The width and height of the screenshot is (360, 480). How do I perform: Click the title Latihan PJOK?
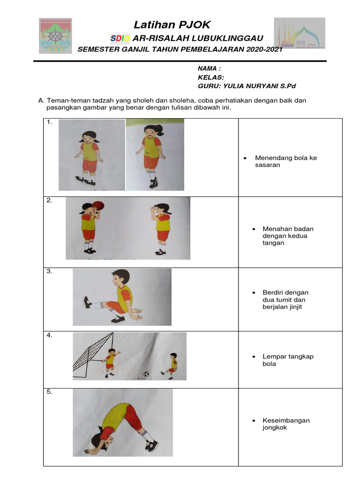coord(172,25)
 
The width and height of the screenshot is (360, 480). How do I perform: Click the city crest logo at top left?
coord(55,36)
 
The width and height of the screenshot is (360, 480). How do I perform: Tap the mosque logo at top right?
coord(299,34)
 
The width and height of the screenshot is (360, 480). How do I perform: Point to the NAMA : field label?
coord(209,68)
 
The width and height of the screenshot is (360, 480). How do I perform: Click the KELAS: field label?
coord(210,77)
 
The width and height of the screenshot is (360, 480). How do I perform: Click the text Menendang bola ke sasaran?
coord(285,161)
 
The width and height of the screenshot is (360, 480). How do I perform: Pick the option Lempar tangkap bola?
coord(287,360)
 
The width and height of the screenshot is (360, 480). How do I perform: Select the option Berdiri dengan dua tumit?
coord(285,300)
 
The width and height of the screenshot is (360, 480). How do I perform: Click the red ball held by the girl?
coord(97,205)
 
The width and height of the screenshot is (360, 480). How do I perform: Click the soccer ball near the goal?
coord(146,374)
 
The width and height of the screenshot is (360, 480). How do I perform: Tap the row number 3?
coord(49,271)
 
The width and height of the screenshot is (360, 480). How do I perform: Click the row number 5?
coord(49,392)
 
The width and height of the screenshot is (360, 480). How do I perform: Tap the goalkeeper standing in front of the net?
coord(111,361)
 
